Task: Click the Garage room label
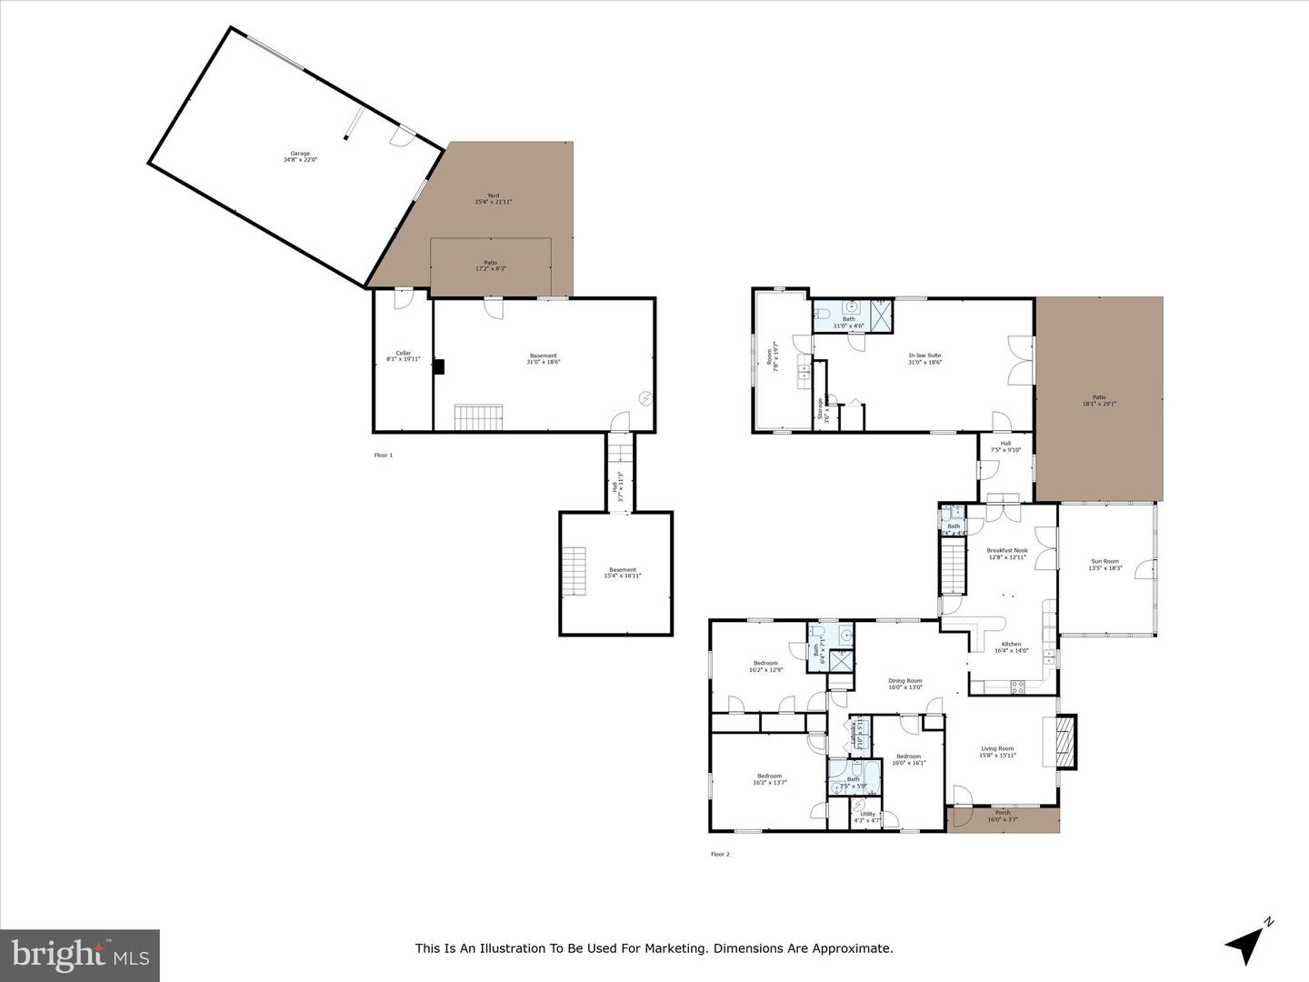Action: click(300, 154)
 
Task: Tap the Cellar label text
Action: click(403, 353)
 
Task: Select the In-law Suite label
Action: click(924, 356)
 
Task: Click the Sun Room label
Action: click(1105, 562)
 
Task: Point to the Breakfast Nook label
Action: click(1007, 550)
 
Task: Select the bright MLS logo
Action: click(79, 955)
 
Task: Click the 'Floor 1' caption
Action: click(384, 455)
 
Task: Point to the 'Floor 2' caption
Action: click(720, 854)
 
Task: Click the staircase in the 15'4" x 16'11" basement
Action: click(574, 571)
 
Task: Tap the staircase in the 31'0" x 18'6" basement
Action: click(478, 418)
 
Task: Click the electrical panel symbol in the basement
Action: click(645, 398)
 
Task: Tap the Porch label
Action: click(1003, 813)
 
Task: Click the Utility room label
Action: click(868, 814)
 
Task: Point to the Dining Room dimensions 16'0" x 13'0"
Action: click(905, 687)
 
